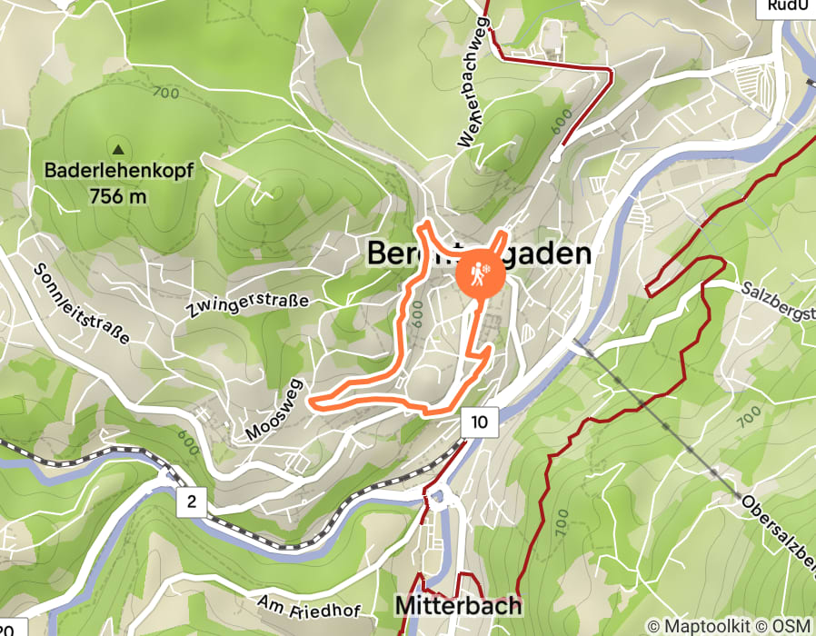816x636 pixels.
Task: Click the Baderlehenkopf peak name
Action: point(119,171)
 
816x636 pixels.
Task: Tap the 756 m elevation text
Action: point(119,194)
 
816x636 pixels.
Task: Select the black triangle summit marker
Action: point(118,148)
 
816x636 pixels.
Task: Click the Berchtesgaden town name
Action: point(478,254)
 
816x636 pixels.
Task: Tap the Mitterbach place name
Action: point(458,605)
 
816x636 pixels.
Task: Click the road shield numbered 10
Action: point(480,422)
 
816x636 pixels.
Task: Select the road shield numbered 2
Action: point(192,501)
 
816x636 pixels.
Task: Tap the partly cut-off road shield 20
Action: point(8,627)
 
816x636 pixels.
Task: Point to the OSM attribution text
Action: point(794,626)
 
